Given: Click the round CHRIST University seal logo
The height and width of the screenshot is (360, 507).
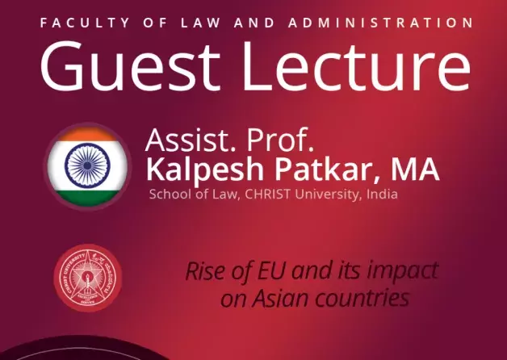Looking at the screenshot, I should click(89, 279).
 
